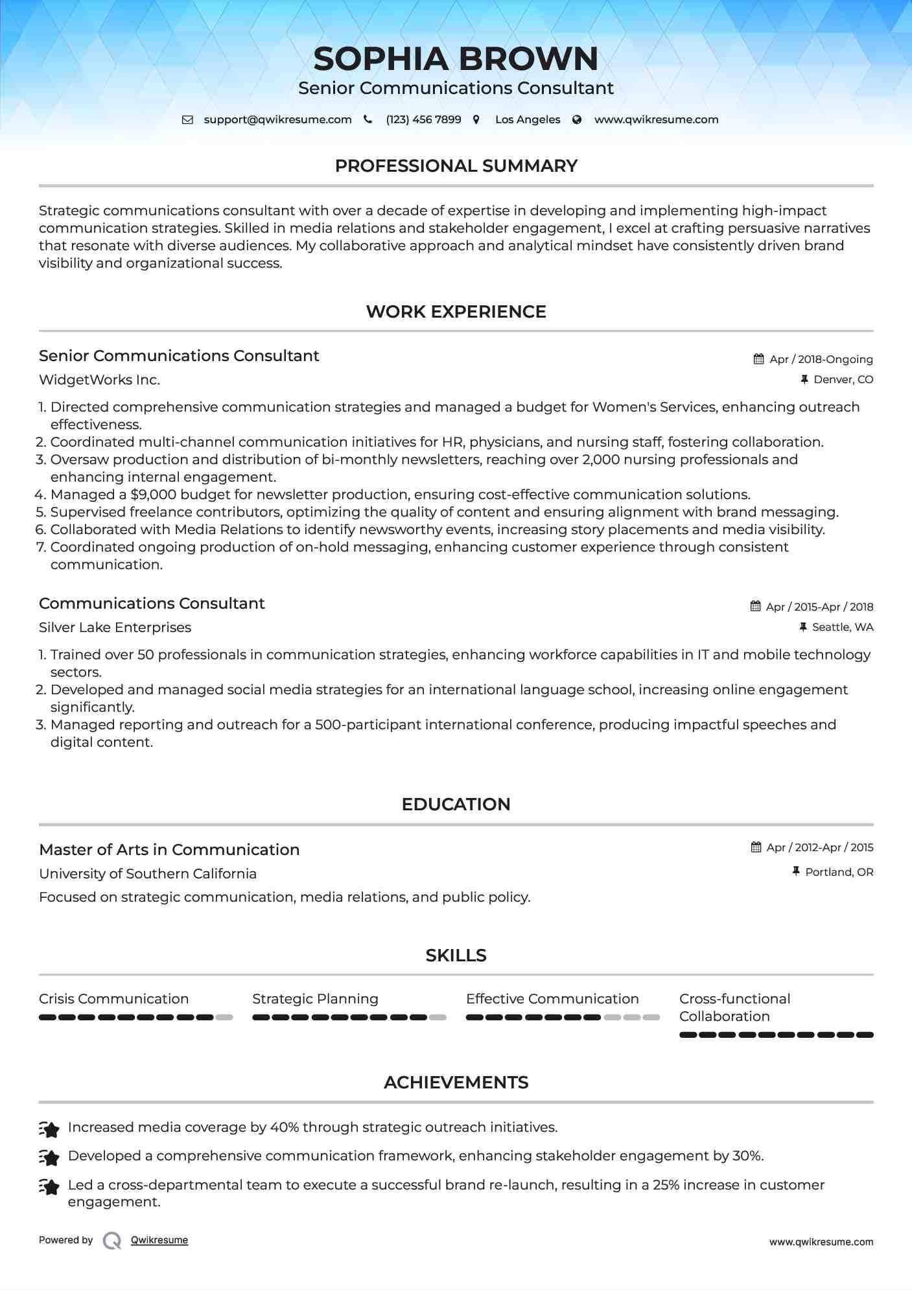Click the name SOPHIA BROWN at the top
click(x=456, y=59)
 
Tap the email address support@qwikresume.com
click(x=277, y=119)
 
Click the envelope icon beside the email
click(x=187, y=120)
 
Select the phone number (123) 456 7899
click(x=423, y=119)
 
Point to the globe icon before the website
click(x=577, y=119)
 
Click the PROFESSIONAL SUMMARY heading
click(x=456, y=166)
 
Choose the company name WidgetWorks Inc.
click(x=99, y=380)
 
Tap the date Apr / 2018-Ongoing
click(x=821, y=359)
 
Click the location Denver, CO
click(x=843, y=379)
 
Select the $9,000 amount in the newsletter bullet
click(x=153, y=495)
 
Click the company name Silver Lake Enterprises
click(x=115, y=627)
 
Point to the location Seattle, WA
click(x=842, y=627)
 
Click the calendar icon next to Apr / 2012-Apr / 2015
click(x=756, y=847)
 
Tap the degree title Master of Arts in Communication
click(x=169, y=850)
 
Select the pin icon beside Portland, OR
click(x=796, y=872)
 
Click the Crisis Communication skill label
click(x=113, y=999)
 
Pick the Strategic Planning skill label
click(x=315, y=999)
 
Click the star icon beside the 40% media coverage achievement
click(x=50, y=1129)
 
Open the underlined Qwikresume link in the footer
click(x=159, y=1240)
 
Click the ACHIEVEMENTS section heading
click(x=456, y=1083)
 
